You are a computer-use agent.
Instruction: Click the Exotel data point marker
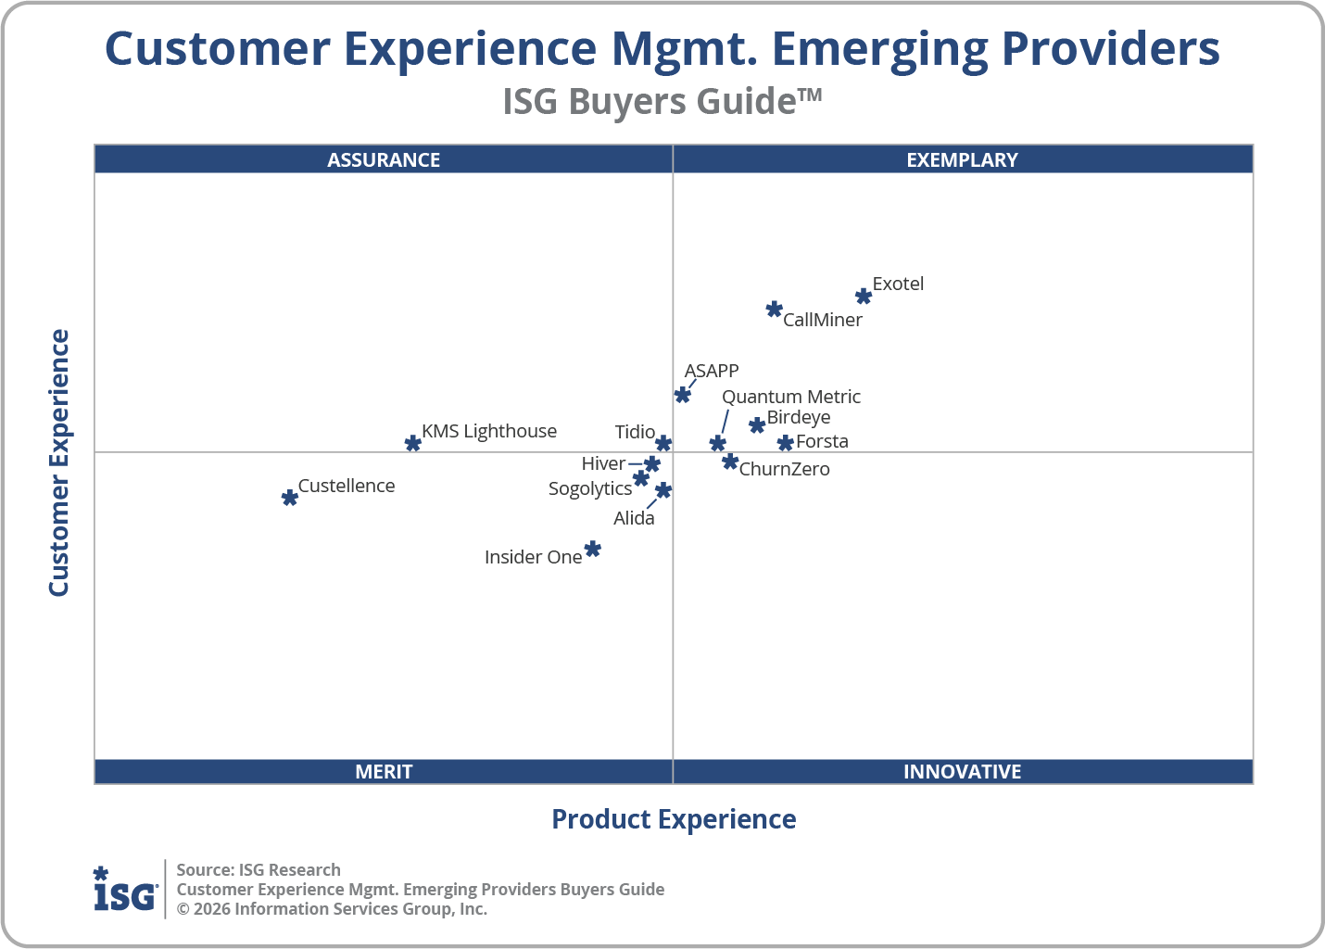pos(864,297)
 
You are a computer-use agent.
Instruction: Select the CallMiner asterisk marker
pos(775,309)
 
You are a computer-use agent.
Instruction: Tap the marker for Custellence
pos(290,498)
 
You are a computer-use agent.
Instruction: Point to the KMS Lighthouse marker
pos(413,443)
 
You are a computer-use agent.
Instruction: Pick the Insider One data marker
pos(593,550)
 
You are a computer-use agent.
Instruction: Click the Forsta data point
pos(786,443)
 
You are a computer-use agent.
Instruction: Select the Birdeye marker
pos(757,424)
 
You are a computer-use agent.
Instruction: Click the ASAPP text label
pos(712,371)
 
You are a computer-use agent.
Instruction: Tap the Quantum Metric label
pos(791,397)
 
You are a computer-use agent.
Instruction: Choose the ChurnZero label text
pos(784,469)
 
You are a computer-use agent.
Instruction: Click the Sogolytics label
pos(590,488)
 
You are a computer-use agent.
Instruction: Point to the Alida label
pos(634,518)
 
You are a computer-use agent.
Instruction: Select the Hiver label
pos(603,463)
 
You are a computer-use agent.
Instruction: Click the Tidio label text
pos(635,432)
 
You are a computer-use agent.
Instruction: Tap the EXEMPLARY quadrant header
pos(962,159)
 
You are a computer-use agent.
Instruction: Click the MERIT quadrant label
pos(384,771)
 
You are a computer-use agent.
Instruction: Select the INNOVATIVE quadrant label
pos(962,771)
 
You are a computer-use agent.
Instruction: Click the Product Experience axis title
pos(674,819)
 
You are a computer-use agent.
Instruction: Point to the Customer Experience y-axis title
pos(59,463)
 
